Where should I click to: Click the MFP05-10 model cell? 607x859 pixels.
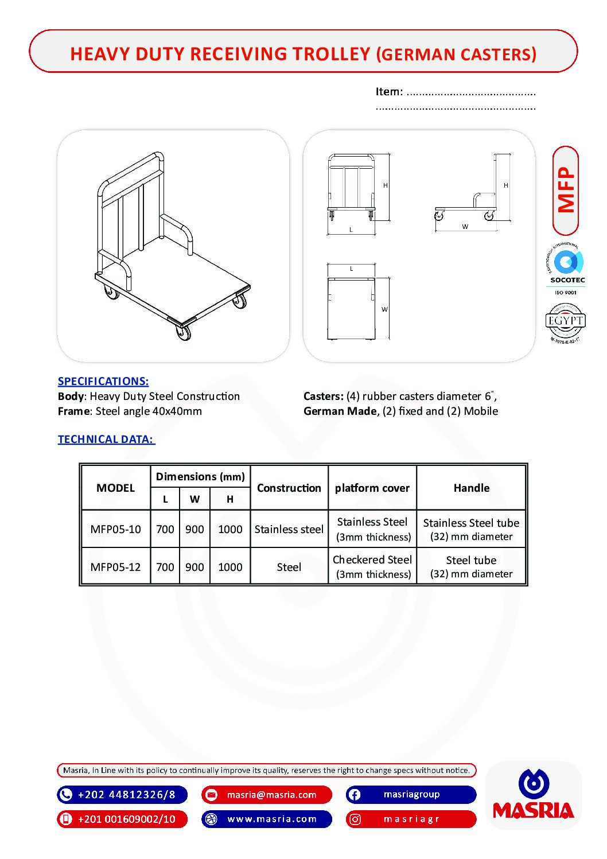(x=115, y=529)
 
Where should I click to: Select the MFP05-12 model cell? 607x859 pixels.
(x=115, y=567)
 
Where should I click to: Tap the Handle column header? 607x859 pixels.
(x=471, y=488)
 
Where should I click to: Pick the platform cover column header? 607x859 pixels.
(x=372, y=488)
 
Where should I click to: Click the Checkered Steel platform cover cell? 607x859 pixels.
(x=372, y=566)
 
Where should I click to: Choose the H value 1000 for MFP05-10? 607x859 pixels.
(x=230, y=529)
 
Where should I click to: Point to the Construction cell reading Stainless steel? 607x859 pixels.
(x=289, y=529)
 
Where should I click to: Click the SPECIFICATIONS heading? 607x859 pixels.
(x=103, y=381)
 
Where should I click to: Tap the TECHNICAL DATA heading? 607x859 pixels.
(x=106, y=439)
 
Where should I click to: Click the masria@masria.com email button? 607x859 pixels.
(x=267, y=795)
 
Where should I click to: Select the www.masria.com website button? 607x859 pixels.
(x=267, y=819)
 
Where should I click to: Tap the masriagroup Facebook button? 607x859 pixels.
(x=411, y=795)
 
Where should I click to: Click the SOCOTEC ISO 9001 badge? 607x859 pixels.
(x=566, y=270)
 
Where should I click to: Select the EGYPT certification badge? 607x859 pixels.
(x=565, y=322)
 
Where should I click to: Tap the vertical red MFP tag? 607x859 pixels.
(x=566, y=191)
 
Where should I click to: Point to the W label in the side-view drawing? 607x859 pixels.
(x=465, y=227)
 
